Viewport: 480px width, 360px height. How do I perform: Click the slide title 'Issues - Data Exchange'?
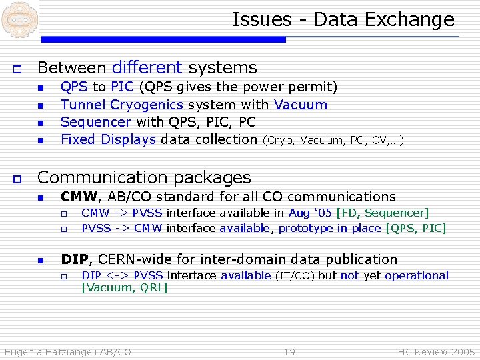(343, 20)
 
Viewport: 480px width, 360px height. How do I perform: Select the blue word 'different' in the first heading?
(147, 67)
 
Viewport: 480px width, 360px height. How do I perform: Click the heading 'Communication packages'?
(144, 177)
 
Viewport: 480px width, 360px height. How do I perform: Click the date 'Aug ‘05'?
(310, 213)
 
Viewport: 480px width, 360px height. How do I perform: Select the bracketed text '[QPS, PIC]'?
(416, 228)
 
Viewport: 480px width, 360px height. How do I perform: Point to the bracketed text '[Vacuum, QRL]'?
(124, 287)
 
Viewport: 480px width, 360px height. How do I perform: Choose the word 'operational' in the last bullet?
(417, 275)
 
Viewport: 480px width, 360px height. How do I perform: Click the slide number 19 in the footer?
(289, 351)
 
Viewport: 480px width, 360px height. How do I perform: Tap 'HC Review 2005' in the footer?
(436, 351)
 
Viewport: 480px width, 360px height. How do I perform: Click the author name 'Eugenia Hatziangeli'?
(51, 351)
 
